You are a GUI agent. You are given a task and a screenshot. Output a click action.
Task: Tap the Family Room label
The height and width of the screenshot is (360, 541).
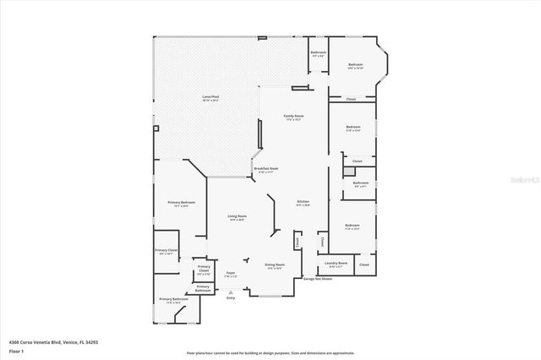tap(293, 116)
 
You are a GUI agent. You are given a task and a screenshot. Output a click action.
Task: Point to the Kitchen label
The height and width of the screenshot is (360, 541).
tap(303, 202)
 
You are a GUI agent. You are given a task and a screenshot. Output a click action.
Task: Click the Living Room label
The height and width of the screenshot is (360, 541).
tap(237, 217)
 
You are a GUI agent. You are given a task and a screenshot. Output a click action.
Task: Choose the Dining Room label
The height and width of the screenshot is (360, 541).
tap(275, 265)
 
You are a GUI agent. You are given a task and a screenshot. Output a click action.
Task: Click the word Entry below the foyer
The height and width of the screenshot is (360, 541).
tap(231, 297)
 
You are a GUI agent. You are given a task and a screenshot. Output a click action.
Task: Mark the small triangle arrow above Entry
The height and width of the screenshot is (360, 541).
tap(231, 291)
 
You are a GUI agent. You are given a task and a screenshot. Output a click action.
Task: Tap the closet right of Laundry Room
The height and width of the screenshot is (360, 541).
tap(363, 265)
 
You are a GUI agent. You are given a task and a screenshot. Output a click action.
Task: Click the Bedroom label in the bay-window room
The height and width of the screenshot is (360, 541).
tap(356, 65)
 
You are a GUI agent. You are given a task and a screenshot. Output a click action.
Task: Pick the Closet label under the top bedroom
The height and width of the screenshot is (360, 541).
tap(350, 99)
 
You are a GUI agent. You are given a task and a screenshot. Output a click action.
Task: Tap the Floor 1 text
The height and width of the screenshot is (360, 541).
tap(16, 350)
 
